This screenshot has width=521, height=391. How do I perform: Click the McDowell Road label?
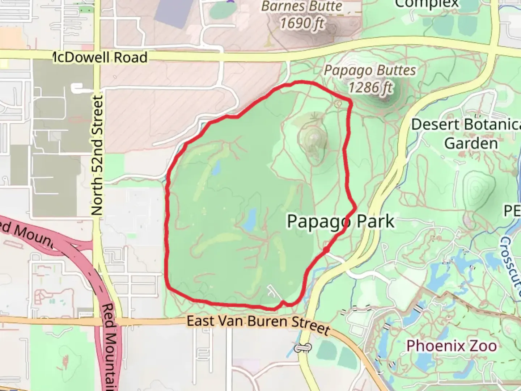pos(100,58)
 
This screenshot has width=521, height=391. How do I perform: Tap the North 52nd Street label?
pos(97,156)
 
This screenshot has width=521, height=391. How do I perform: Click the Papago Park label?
pos(340,221)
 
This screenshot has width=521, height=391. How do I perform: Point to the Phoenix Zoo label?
pos(452,346)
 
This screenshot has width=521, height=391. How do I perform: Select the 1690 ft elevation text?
pos(302,23)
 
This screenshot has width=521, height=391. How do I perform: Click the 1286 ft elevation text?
pos(370,87)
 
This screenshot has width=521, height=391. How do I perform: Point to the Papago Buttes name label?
pos(370,71)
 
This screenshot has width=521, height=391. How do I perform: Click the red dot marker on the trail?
pos(326,250)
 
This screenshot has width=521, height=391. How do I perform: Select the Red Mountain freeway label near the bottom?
pos(113,344)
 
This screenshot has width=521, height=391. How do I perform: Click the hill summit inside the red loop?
pos(313,138)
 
